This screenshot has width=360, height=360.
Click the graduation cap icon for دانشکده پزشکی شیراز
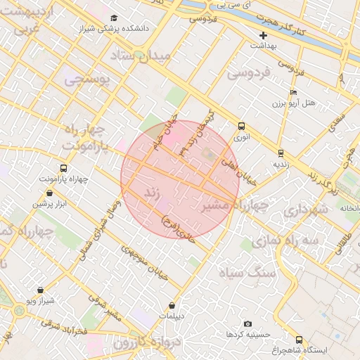(115, 18)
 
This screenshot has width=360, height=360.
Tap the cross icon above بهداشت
(264, 34)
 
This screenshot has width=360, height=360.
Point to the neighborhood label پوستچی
(88, 79)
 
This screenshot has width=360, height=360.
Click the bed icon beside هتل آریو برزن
(293, 92)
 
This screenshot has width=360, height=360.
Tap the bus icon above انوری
(242, 126)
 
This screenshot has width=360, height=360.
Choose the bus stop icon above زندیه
(281, 153)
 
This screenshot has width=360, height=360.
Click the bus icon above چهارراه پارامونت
(64, 169)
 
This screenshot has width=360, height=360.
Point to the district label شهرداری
(306, 210)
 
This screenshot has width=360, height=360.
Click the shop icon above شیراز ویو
(39, 289)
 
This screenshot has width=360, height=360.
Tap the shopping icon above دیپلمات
(172, 305)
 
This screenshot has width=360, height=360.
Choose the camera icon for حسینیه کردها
(247, 323)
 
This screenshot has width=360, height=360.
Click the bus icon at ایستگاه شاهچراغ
(300, 339)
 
